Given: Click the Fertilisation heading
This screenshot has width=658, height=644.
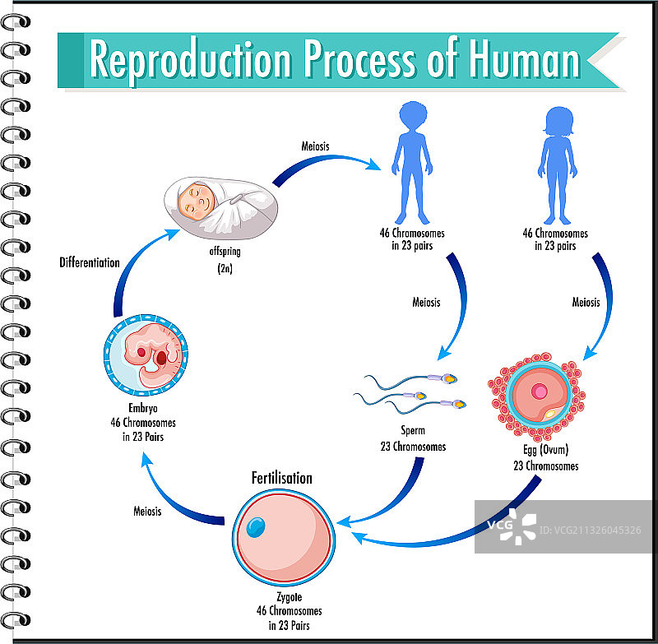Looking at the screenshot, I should point(281,478).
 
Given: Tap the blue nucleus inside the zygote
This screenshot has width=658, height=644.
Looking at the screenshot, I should point(256,526).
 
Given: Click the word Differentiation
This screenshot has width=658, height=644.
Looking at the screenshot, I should point(90,262).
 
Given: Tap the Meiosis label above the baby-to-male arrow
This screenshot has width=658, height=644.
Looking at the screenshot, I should point(316,146).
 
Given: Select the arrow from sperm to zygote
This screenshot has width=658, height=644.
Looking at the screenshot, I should point(395,493).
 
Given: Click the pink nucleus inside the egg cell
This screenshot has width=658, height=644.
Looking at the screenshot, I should point(539,387).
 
